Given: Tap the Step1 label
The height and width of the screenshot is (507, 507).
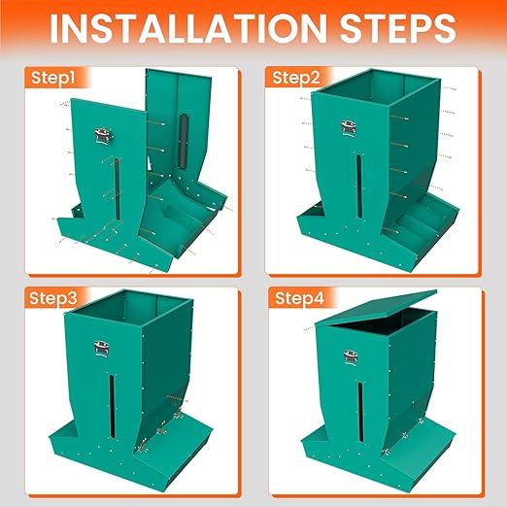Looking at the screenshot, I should (x=52, y=77).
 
